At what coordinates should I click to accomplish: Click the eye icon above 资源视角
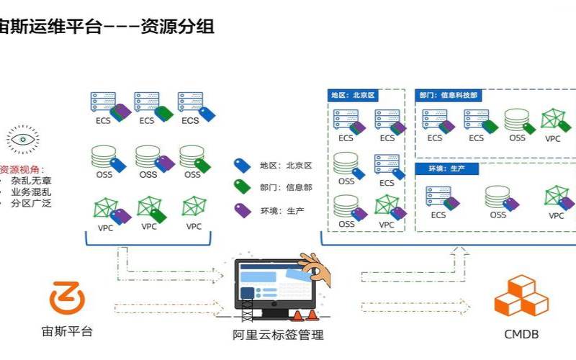(23, 139)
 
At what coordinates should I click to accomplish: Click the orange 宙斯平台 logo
(66, 299)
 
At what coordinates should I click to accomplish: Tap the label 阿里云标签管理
(278, 335)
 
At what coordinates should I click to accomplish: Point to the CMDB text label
(521, 335)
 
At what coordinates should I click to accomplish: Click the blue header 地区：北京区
(354, 95)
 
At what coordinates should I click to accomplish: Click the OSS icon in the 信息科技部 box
(516, 119)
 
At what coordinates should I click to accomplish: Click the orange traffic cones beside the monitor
(305, 315)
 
